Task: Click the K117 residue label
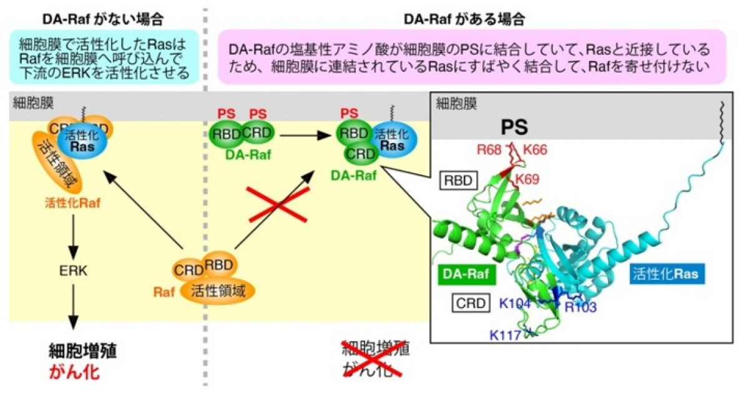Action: click(505, 334)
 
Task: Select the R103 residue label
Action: click(580, 307)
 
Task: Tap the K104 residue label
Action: click(515, 303)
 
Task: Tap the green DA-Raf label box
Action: click(465, 273)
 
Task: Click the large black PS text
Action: click(515, 127)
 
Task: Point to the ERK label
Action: click(74, 271)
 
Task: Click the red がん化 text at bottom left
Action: click(74, 373)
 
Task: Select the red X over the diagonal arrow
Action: click(278, 204)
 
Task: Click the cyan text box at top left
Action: click(104, 57)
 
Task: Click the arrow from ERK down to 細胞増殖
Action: click(74, 306)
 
